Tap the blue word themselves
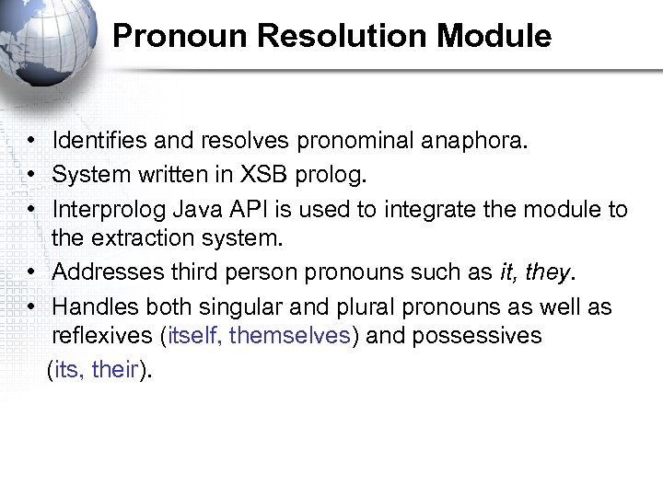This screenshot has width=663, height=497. tap(289, 335)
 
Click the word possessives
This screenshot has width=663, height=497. tap(477, 335)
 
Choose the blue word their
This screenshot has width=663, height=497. tap(114, 370)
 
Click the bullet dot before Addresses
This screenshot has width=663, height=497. tap(31, 272)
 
